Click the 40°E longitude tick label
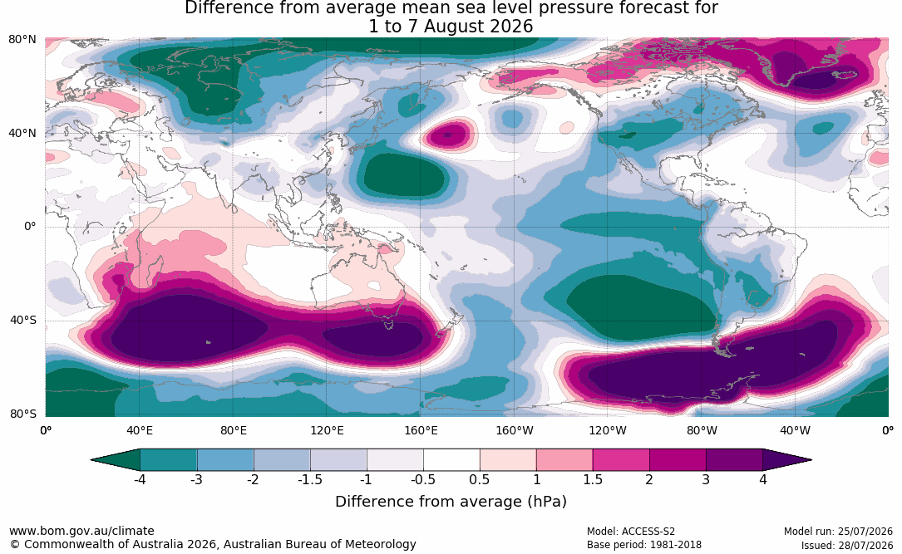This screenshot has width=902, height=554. coord(140,430)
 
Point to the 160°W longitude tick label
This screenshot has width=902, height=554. coord(515,430)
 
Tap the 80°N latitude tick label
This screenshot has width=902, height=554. coord(22,40)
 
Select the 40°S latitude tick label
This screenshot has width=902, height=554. coord(23,320)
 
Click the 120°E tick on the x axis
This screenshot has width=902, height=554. coord(328,430)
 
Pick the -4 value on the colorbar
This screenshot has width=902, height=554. coord(139,479)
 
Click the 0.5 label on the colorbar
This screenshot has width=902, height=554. coord(480,479)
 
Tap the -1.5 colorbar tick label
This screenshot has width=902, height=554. coord(309,479)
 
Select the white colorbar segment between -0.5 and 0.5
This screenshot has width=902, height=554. coord(451,460)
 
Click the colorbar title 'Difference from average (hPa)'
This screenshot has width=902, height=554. coord(451,502)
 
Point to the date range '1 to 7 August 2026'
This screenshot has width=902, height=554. coord(451,27)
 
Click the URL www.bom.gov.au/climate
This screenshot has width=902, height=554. coord(81,531)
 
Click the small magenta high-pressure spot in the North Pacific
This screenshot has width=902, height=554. coord(449,136)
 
